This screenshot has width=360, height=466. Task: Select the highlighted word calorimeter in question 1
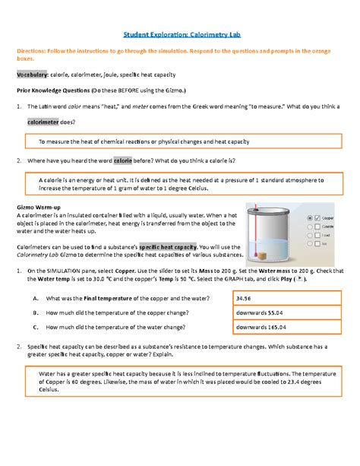point(49,122)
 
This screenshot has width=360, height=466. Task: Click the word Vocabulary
point(33,74)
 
